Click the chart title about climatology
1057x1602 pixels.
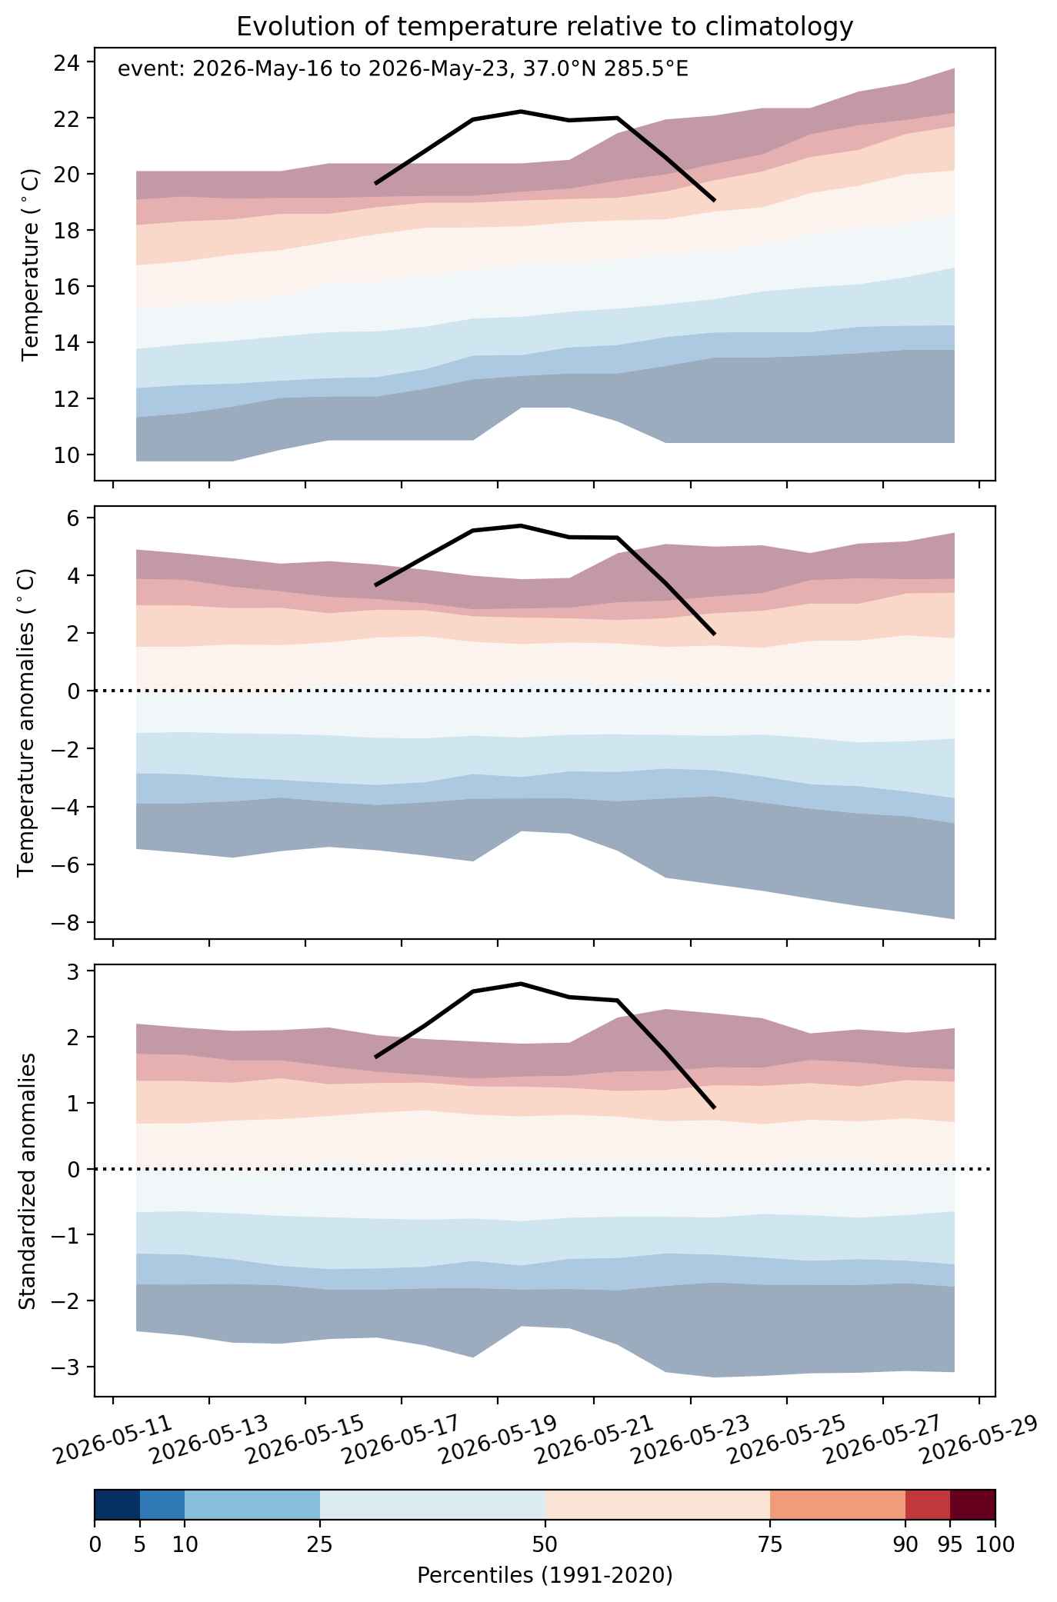pos(545,27)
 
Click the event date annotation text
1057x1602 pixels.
pos(402,70)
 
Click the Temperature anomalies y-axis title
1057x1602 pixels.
pos(27,722)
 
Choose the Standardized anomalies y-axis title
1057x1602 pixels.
pos(27,1180)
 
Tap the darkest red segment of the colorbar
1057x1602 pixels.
pos(972,1505)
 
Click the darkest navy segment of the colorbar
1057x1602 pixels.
pos(117,1505)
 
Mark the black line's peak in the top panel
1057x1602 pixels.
pos(521,112)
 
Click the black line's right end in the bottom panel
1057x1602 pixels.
pos(715,1107)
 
